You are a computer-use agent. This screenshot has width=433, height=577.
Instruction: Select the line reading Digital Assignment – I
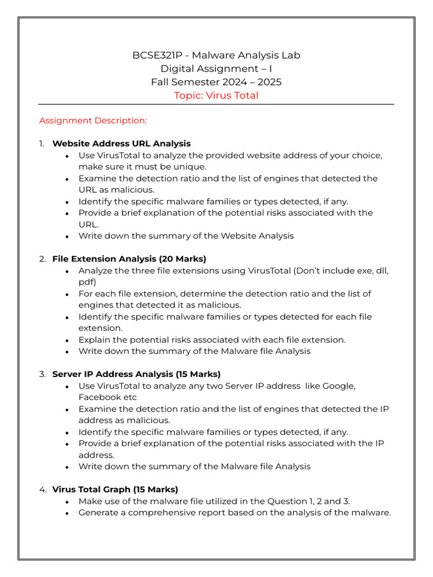216,69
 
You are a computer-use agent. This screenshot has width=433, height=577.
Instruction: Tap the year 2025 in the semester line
269,82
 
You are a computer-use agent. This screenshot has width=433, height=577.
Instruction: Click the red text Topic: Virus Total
216,96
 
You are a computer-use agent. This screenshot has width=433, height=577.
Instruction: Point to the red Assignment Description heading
93,121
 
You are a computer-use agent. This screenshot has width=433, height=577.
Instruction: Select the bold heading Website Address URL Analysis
121,144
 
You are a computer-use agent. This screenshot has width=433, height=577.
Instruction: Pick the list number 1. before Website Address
42,144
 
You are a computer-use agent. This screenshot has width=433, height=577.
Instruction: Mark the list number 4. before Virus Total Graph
42,490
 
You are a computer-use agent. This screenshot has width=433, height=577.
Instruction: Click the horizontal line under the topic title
216,105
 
